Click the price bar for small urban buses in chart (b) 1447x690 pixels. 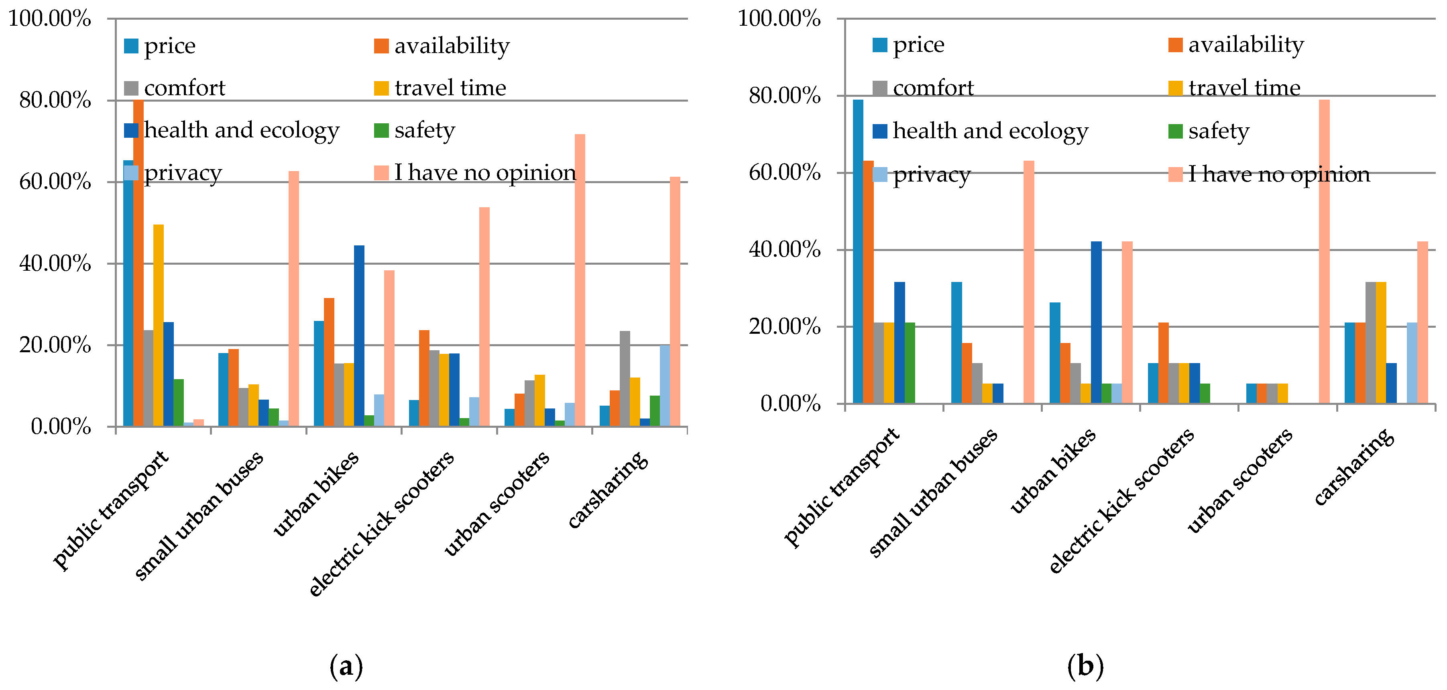coord(956,342)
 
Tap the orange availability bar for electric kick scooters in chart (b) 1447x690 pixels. coord(1163,362)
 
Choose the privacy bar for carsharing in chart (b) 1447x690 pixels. coord(1412,362)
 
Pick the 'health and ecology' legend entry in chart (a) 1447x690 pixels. coord(232,131)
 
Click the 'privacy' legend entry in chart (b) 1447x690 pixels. coord(921,175)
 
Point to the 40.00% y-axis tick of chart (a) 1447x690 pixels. coord(55,263)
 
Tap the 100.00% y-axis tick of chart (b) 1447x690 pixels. coord(779,18)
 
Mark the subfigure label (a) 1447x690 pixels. coord(346,666)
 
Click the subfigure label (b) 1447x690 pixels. coord(1085,666)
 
